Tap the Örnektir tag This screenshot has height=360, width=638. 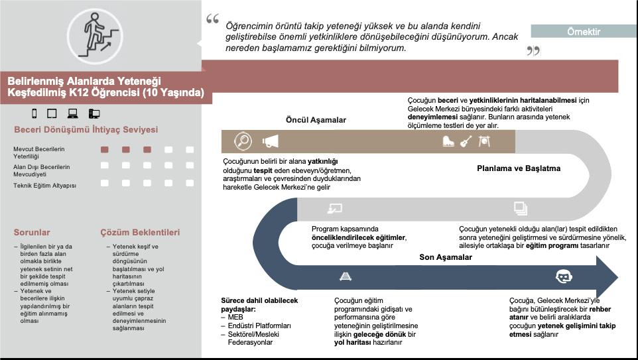pyautogui.click(x=584, y=31)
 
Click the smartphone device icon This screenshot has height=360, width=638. pyautogui.click(x=35, y=113)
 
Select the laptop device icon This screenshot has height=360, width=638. pyautogui.click(x=73, y=113)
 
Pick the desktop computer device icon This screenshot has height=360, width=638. pyautogui.click(x=94, y=113)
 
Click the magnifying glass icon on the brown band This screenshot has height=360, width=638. pyautogui.click(x=243, y=141)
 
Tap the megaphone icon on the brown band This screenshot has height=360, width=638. pyautogui.click(x=270, y=141)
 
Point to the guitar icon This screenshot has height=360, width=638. pyautogui.click(x=466, y=141)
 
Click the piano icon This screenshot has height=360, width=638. pyautogui.click(x=448, y=141)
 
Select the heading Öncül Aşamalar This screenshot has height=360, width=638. pyautogui.click(x=316, y=120)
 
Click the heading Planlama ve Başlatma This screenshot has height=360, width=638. pyautogui.click(x=519, y=168)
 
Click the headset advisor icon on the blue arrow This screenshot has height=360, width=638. pyautogui.click(x=563, y=276)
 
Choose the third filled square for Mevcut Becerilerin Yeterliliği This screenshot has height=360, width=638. pyautogui.click(x=147, y=150)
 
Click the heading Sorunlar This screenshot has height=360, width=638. pyautogui.click(x=32, y=233)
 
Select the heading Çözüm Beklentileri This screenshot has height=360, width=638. pyautogui.click(x=139, y=233)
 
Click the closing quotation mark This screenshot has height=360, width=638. pyautogui.click(x=533, y=50)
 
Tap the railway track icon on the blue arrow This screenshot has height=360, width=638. pyautogui.click(x=345, y=276)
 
